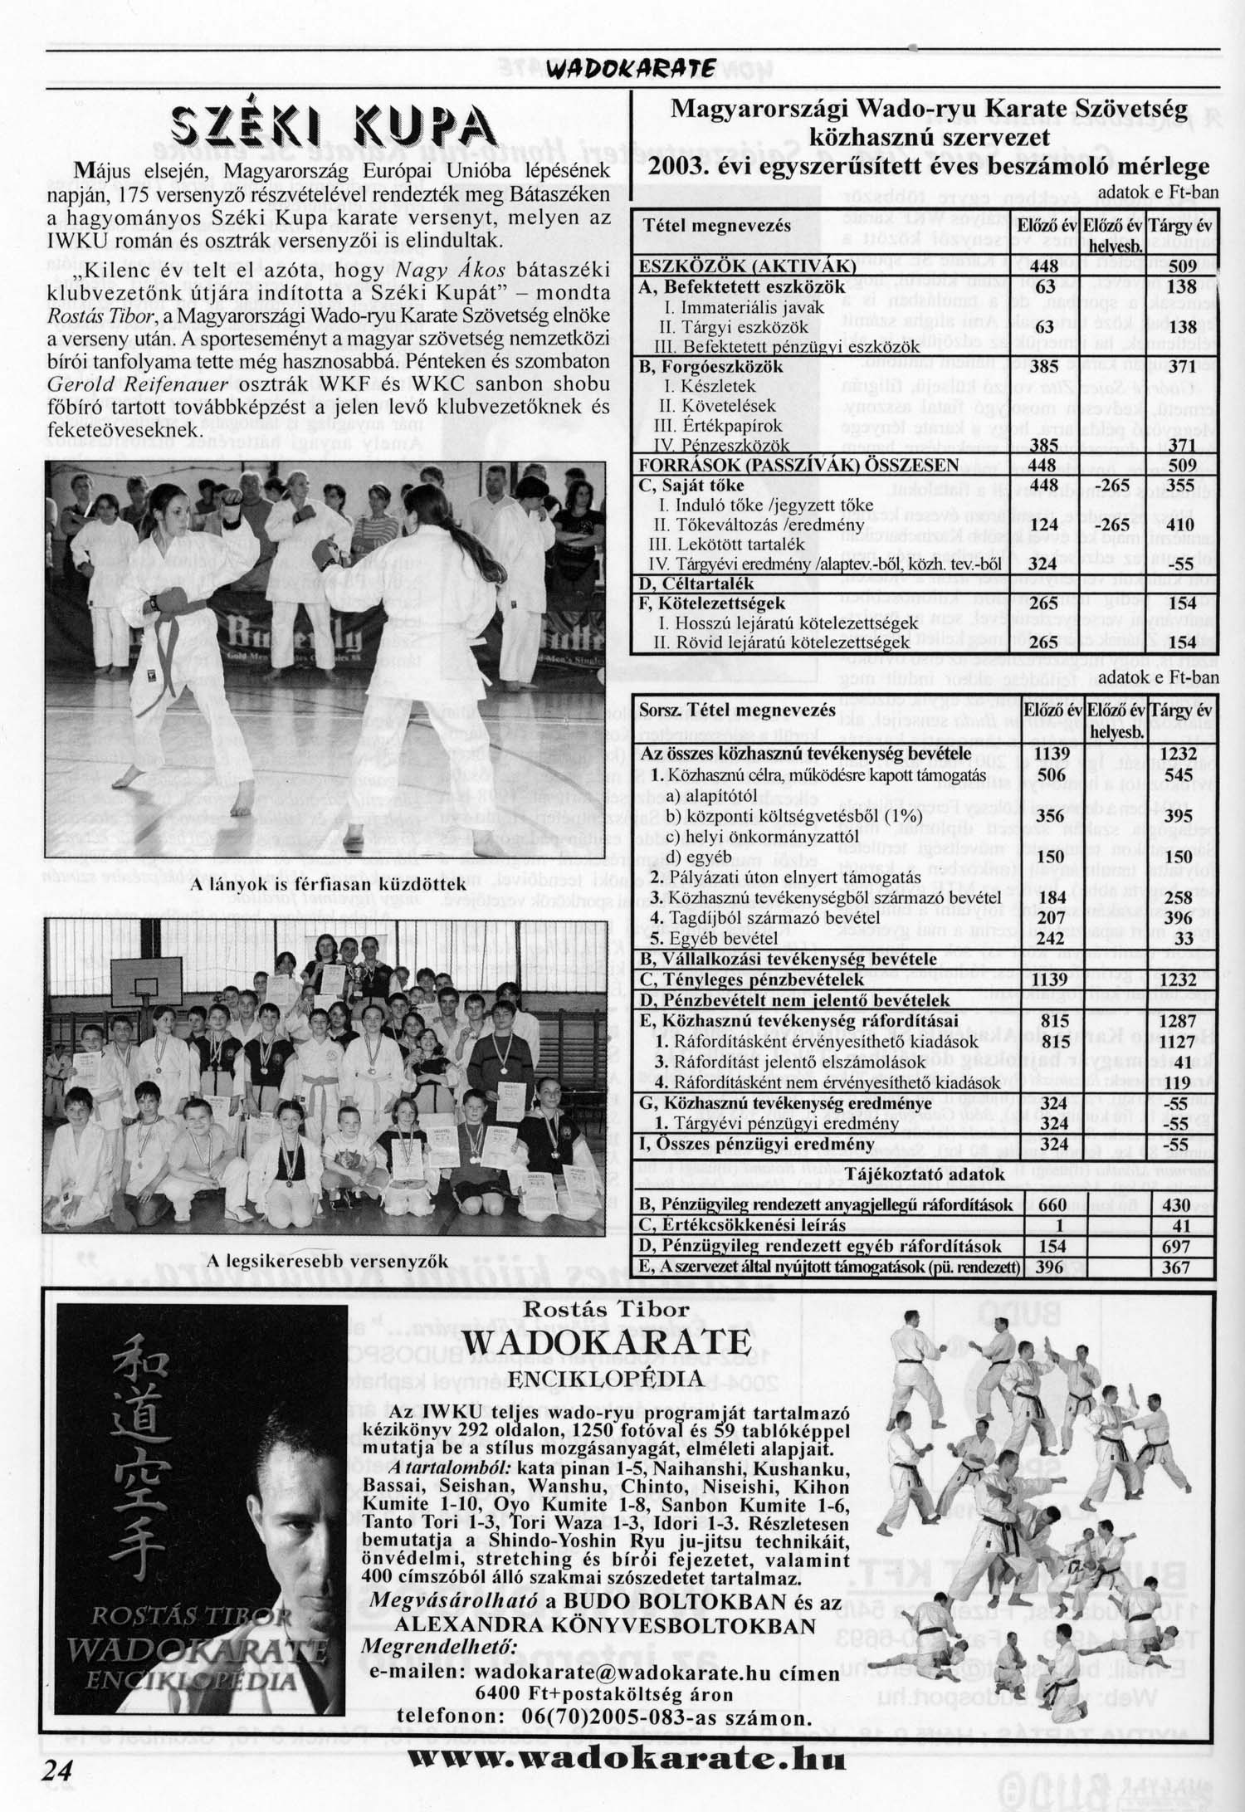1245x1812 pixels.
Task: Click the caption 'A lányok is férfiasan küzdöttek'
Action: point(328,885)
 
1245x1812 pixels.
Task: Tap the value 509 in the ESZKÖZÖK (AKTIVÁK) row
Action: point(1182,267)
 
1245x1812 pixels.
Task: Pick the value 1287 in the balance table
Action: point(1180,1020)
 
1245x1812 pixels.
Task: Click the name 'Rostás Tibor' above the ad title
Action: point(607,1310)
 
